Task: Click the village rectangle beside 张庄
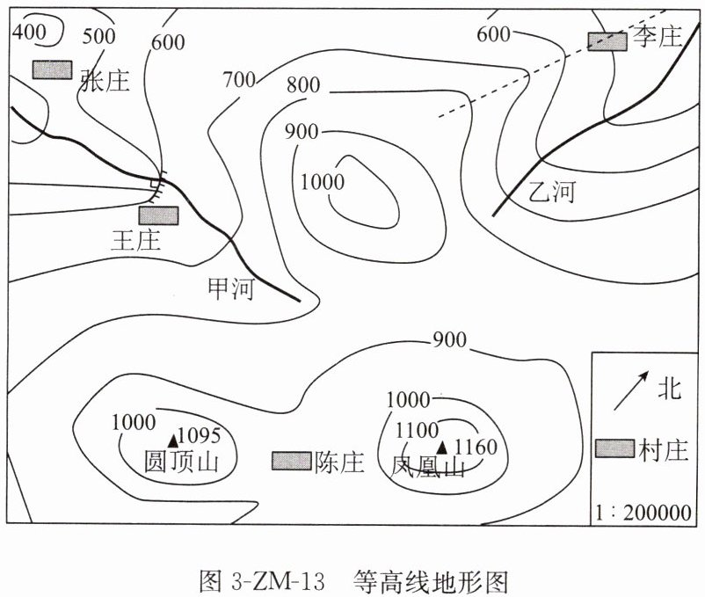click(52, 69)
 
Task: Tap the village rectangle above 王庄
click(158, 215)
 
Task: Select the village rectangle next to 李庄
click(607, 40)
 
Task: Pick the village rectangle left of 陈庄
click(291, 461)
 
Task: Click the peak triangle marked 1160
click(442, 448)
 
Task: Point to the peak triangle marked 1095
click(172, 437)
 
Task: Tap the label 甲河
click(230, 288)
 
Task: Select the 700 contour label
click(238, 80)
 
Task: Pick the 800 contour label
click(303, 86)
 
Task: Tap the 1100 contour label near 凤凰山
click(417, 431)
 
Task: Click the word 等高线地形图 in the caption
click(432, 581)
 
